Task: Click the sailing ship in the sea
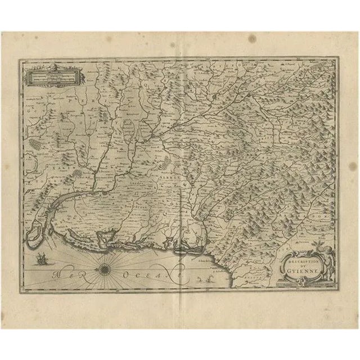(x=41, y=260)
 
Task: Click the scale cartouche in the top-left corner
(x=47, y=74)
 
